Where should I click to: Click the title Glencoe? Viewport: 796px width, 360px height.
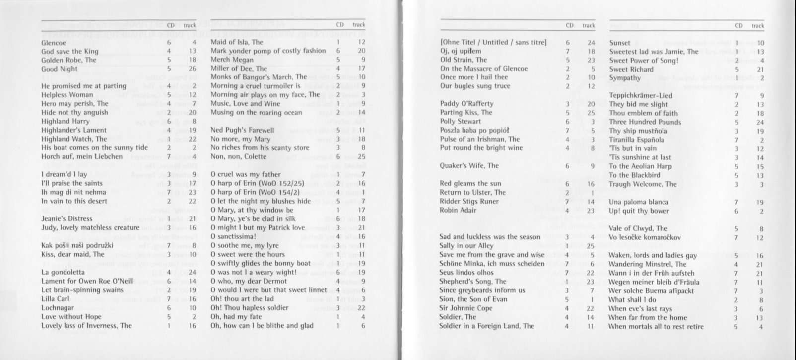click(x=54, y=43)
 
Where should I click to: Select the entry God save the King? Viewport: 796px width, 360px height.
click(x=70, y=51)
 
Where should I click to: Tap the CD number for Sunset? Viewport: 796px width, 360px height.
click(x=738, y=43)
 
